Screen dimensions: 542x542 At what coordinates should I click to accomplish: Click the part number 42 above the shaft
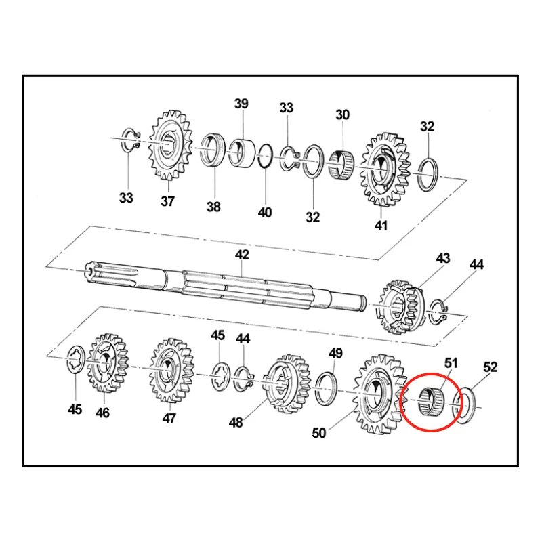click(242, 255)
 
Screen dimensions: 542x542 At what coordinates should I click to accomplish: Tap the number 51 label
click(451, 363)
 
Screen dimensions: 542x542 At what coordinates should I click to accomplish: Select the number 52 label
click(490, 367)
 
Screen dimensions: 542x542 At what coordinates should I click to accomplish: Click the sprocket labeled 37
click(170, 145)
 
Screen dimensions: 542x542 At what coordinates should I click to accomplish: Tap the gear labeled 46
click(108, 362)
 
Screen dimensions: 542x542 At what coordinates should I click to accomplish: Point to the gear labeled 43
click(401, 307)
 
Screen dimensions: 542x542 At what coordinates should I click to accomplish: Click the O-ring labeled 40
click(266, 157)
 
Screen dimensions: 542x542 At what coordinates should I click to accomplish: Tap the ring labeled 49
click(327, 389)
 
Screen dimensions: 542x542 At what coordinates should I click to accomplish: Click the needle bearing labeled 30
click(341, 165)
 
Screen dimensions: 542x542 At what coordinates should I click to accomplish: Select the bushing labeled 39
click(242, 153)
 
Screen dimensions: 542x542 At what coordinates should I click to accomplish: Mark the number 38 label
click(213, 207)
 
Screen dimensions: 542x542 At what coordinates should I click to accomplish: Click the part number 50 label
click(318, 432)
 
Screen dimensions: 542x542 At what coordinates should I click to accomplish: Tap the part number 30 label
click(343, 114)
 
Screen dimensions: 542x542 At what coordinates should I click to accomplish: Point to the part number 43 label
click(443, 258)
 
